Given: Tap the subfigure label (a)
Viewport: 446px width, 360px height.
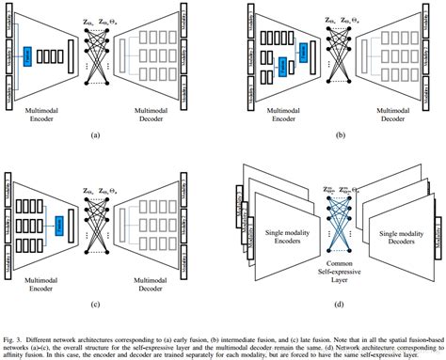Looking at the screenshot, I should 93,135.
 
